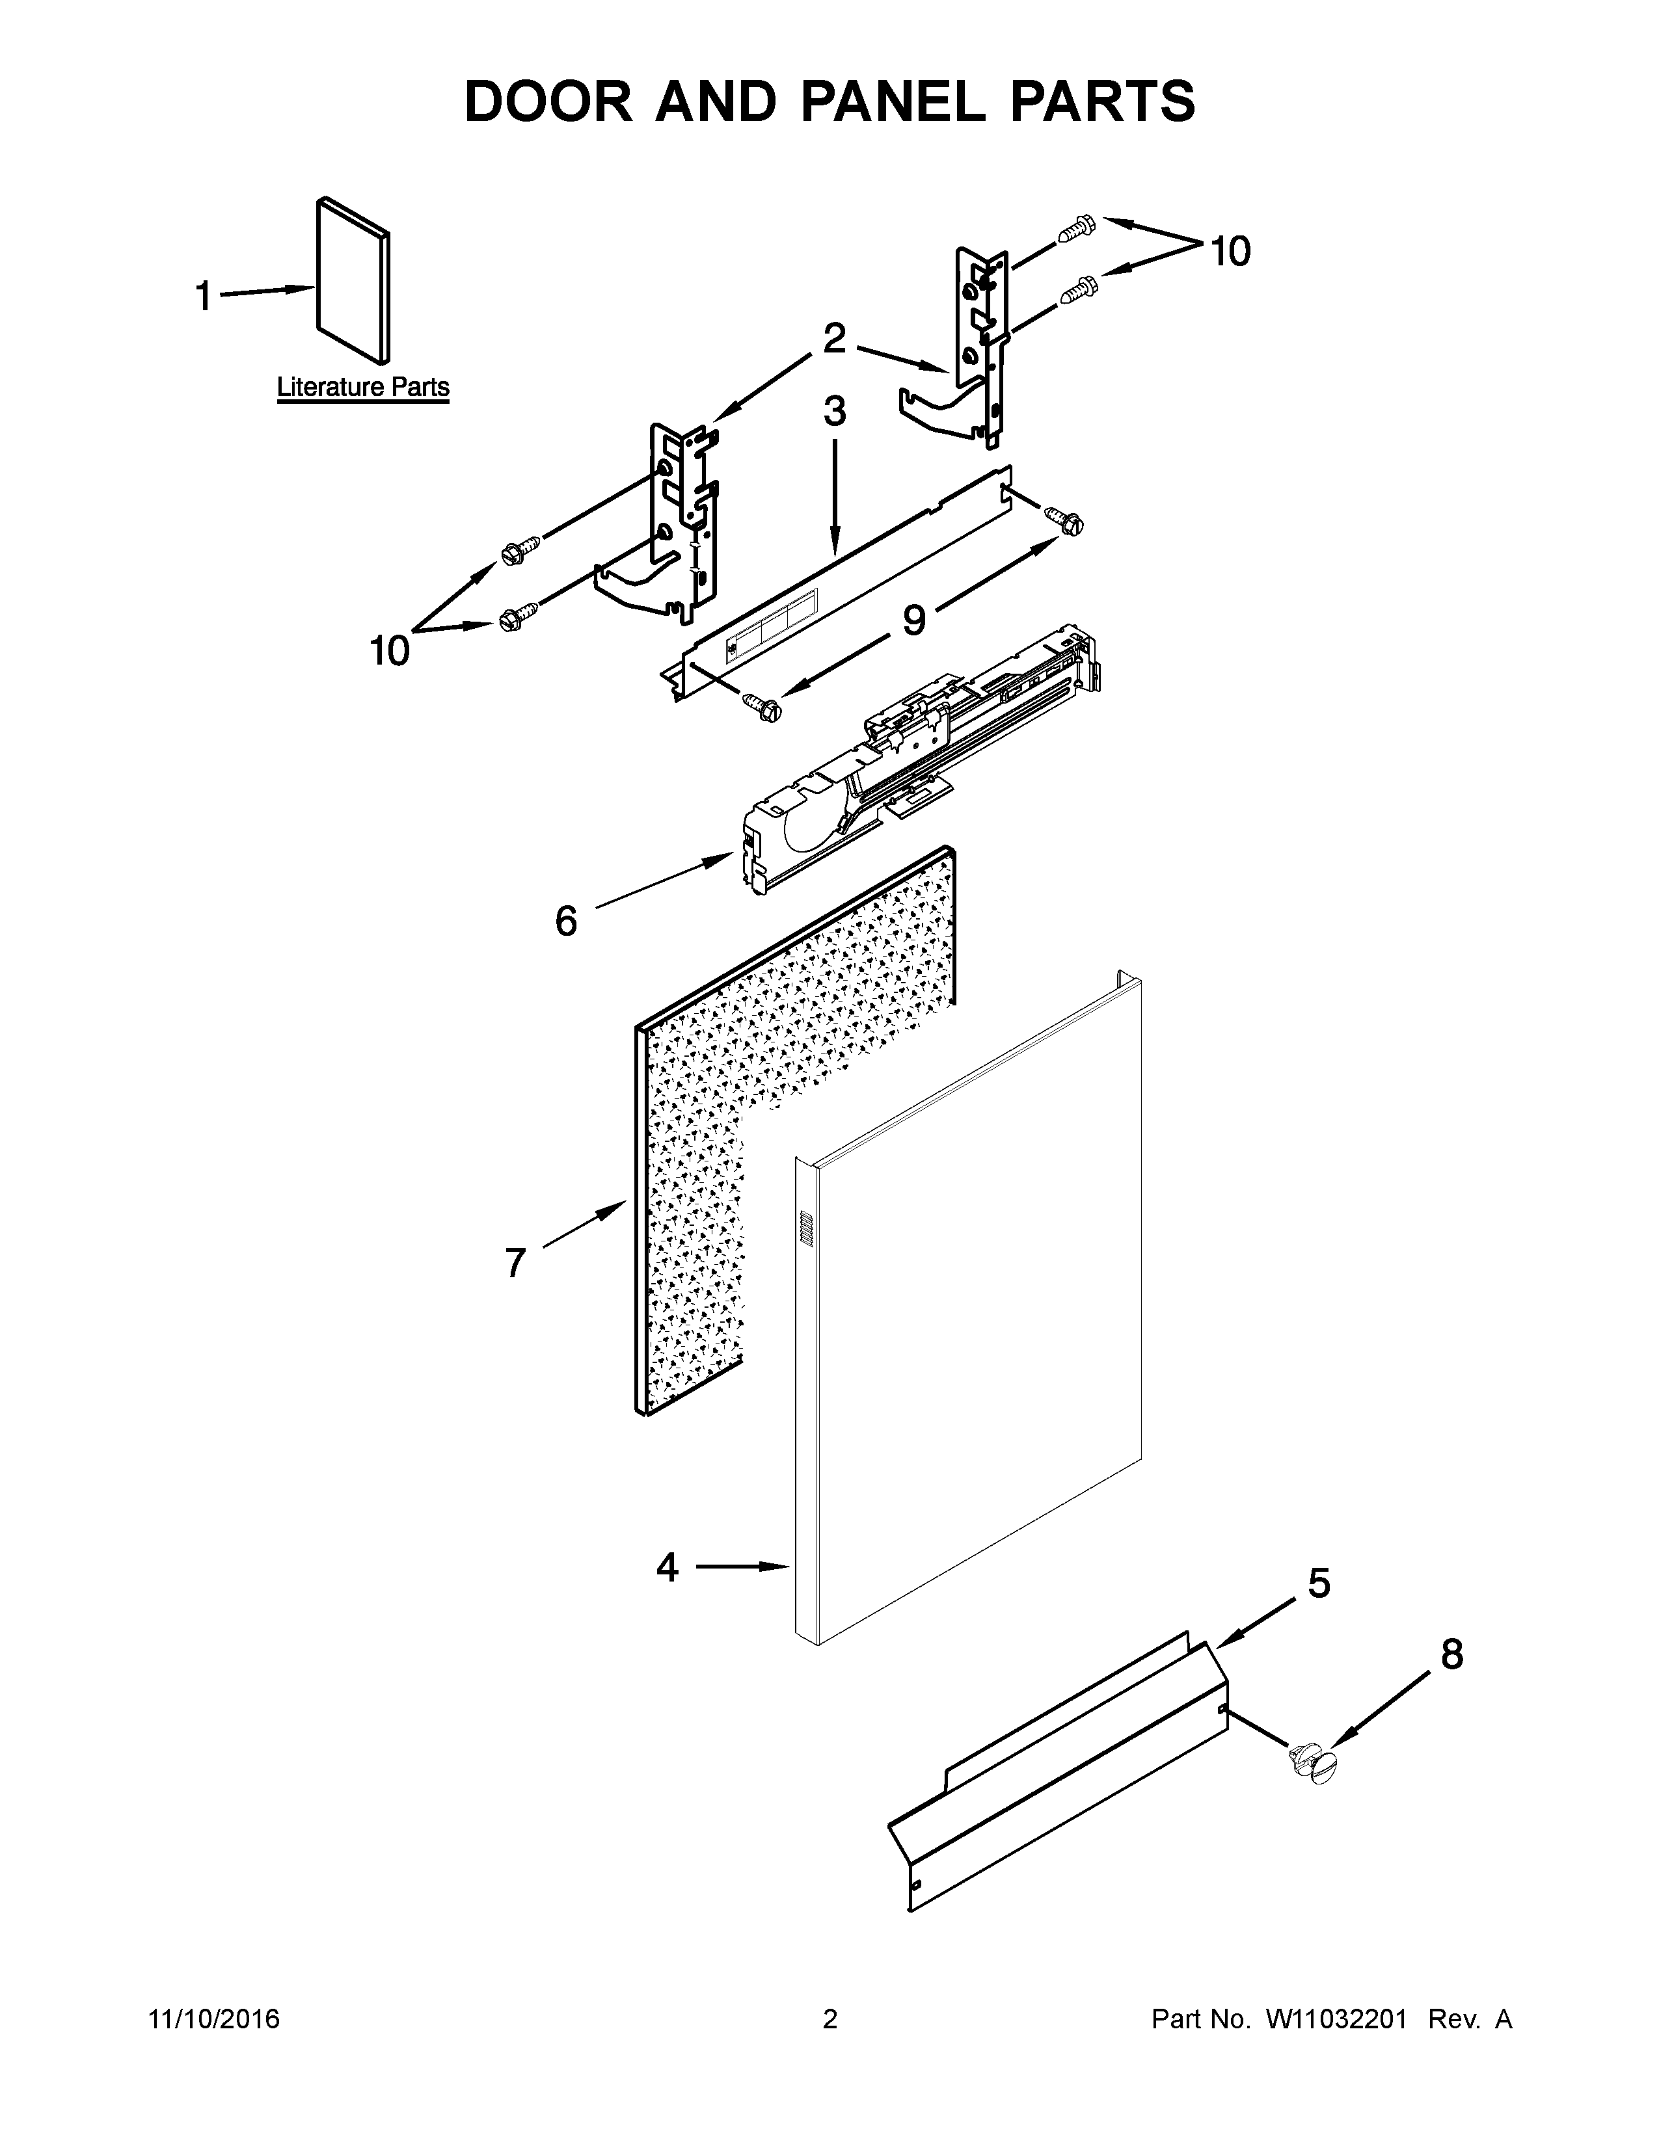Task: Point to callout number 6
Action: [x=566, y=921]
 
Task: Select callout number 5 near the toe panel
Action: [x=1319, y=1584]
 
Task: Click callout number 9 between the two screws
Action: [x=914, y=620]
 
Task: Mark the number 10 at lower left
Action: [x=389, y=650]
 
